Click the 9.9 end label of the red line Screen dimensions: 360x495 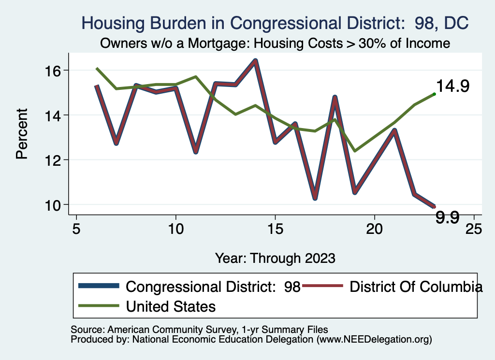(447, 217)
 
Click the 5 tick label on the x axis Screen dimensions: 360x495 (76, 229)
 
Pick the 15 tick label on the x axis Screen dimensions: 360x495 (275, 229)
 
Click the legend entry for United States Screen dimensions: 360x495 (171, 306)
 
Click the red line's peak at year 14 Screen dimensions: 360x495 (255, 60)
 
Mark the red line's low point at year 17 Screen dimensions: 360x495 (315, 198)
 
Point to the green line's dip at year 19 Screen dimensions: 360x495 (355, 151)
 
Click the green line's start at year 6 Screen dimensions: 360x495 (97, 69)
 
